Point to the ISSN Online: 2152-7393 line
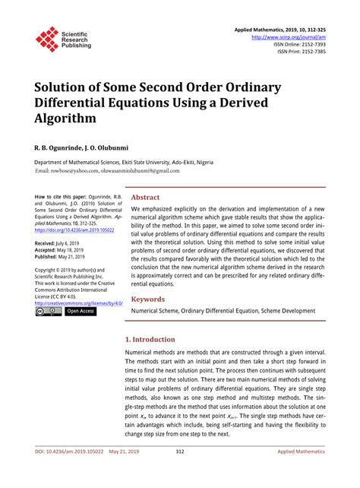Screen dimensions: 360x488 (301, 43)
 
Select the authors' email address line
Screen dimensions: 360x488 (107, 170)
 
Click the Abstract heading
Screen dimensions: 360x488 (146, 197)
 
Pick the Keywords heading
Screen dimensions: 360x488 (150, 299)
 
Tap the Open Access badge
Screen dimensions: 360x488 (80, 311)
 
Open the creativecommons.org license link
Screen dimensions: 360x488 (78, 303)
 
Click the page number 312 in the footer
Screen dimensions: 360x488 (180, 472)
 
